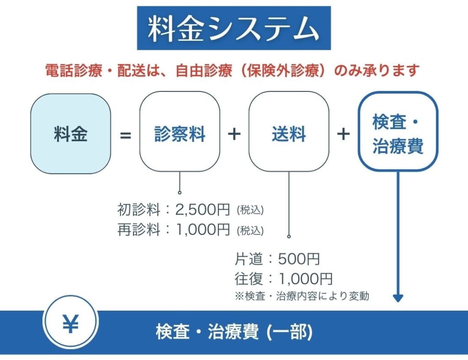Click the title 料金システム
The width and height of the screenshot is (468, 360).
(x=234, y=28)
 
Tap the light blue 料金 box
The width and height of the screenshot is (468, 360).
(x=71, y=133)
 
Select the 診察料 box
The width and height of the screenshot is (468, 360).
(x=180, y=132)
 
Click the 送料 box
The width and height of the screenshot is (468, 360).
(x=289, y=132)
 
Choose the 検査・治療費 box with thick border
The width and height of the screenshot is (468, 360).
(x=398, y=132)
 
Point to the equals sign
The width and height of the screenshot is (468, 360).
(x=125, y=135)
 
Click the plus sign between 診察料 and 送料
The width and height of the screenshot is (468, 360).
(x=234, y=134)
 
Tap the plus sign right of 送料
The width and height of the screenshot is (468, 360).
(x=344, y=134)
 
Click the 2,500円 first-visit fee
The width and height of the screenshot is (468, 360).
(x=202, y=209)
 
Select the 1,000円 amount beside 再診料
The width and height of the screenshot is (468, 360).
(x=203, y=230)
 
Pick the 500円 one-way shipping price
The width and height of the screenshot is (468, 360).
(x=299, y=259)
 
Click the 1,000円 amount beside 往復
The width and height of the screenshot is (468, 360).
(x=305, y=279)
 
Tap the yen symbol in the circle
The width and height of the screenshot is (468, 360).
(x=71, y=323)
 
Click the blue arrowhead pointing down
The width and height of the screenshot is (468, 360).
(x=398, y=298)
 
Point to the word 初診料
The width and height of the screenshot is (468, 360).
(x=139, y=209)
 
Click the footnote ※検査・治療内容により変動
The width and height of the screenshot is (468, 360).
(x=302, y=296)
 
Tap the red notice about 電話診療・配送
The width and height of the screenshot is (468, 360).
(x=232, y=71)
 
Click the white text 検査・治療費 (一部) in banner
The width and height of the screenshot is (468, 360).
(x=234, y=332)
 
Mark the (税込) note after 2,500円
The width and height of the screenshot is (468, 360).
(x=250, y=210)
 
